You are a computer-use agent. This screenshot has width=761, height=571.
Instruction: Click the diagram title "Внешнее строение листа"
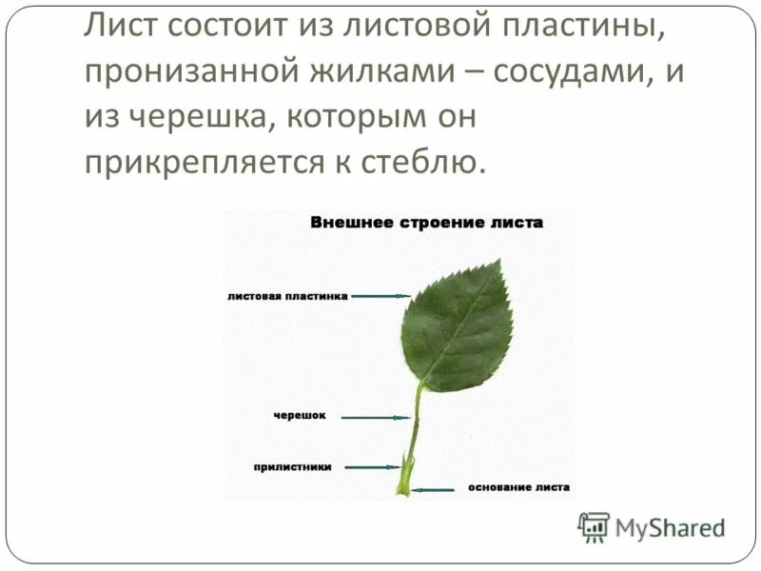click(x=426, y=223)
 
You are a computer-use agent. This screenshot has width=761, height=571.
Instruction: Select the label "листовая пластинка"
click(x=287, y=296)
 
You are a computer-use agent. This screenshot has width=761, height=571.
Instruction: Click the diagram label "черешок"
click(x=301, y=416)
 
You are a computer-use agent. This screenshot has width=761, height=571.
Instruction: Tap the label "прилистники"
click(x=292, y=466)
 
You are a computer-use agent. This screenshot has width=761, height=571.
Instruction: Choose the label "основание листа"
click(x=518, y=487)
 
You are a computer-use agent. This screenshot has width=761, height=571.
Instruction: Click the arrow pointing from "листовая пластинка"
click(x=380, y=296)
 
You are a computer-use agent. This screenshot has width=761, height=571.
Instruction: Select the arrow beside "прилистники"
click(x=373, y=466)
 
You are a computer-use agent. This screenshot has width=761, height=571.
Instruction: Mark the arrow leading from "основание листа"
click(x=435, y=489)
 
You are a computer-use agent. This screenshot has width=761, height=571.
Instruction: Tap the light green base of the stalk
click(x=403, y=488)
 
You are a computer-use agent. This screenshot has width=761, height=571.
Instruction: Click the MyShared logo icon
click(x=594, y=526)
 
